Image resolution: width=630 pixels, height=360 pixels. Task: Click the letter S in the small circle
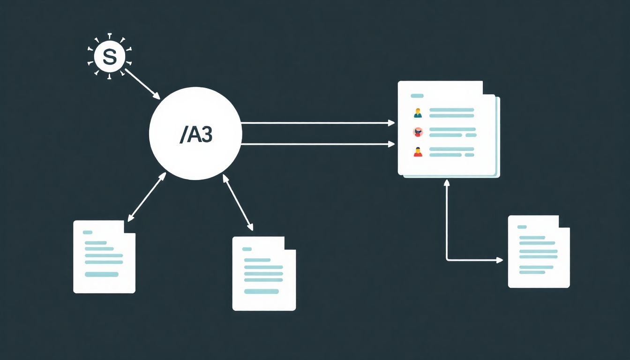pyautogui.click(x=110, y=56)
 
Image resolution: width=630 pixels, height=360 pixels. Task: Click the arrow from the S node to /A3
pyautogui.click(x=142, y=84)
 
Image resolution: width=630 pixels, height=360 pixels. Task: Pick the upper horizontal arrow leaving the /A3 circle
pyautogui.click(x=318, y=123)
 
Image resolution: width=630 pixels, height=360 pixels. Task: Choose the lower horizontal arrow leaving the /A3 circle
pyautogui.click(x=318, y=144)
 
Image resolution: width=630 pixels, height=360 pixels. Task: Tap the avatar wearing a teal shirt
pyautogui.click(x=418, y=113)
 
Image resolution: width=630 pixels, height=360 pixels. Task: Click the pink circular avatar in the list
pyautogui.click(x=418, y=132)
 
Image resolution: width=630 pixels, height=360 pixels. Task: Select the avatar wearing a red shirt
pyautogui.click(x=418, y=151)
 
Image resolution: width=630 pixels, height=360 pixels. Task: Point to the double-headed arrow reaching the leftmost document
pyautogui.click(x=147, y=197)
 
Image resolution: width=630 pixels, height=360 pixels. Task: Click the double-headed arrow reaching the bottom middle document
pyautogui.click(x=238, y=202)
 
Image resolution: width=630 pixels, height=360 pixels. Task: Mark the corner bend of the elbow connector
pyautogui.click(x=447, y=260)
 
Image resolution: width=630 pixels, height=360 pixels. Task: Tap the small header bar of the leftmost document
pyautogui.click(x=88, y=232)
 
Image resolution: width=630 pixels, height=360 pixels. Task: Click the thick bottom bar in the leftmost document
pyautogui.click(x=102, y=275)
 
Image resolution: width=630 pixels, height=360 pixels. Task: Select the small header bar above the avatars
pyautogui.click(x=417, y=96)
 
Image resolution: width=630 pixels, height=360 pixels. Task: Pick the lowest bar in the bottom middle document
pyautogui.click(x=261, y=292)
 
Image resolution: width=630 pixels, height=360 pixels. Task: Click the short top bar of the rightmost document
pyautogui.click(x=522, y=227)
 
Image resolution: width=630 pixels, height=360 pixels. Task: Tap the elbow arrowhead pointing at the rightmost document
pyautogui.click(x=500, y=260)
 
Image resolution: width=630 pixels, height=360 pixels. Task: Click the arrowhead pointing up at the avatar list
pyautogui.click(x=447, y=183)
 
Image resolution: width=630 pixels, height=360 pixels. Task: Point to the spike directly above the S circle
pyautogui.click(x=110, y=37)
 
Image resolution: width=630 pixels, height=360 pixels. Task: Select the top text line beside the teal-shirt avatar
pyautogui.click(x=452, y=110)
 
